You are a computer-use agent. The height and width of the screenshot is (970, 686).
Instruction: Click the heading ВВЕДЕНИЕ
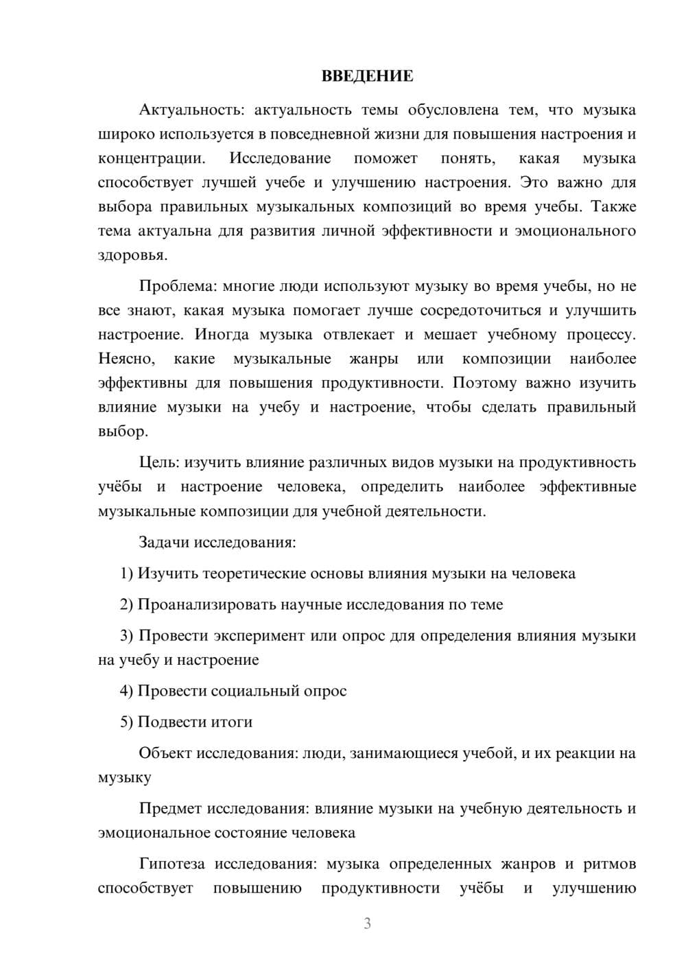[367, 76]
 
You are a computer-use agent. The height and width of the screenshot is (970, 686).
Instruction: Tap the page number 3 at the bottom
[367, 923]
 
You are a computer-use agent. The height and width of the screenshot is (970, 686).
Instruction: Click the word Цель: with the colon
[159, 462]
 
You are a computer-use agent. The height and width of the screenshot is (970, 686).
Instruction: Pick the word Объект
[165, 753]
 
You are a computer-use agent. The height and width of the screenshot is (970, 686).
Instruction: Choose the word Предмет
[170, 808]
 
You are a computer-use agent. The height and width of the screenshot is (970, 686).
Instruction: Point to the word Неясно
[127, 359]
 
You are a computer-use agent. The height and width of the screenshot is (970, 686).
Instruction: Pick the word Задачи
[164, 542]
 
